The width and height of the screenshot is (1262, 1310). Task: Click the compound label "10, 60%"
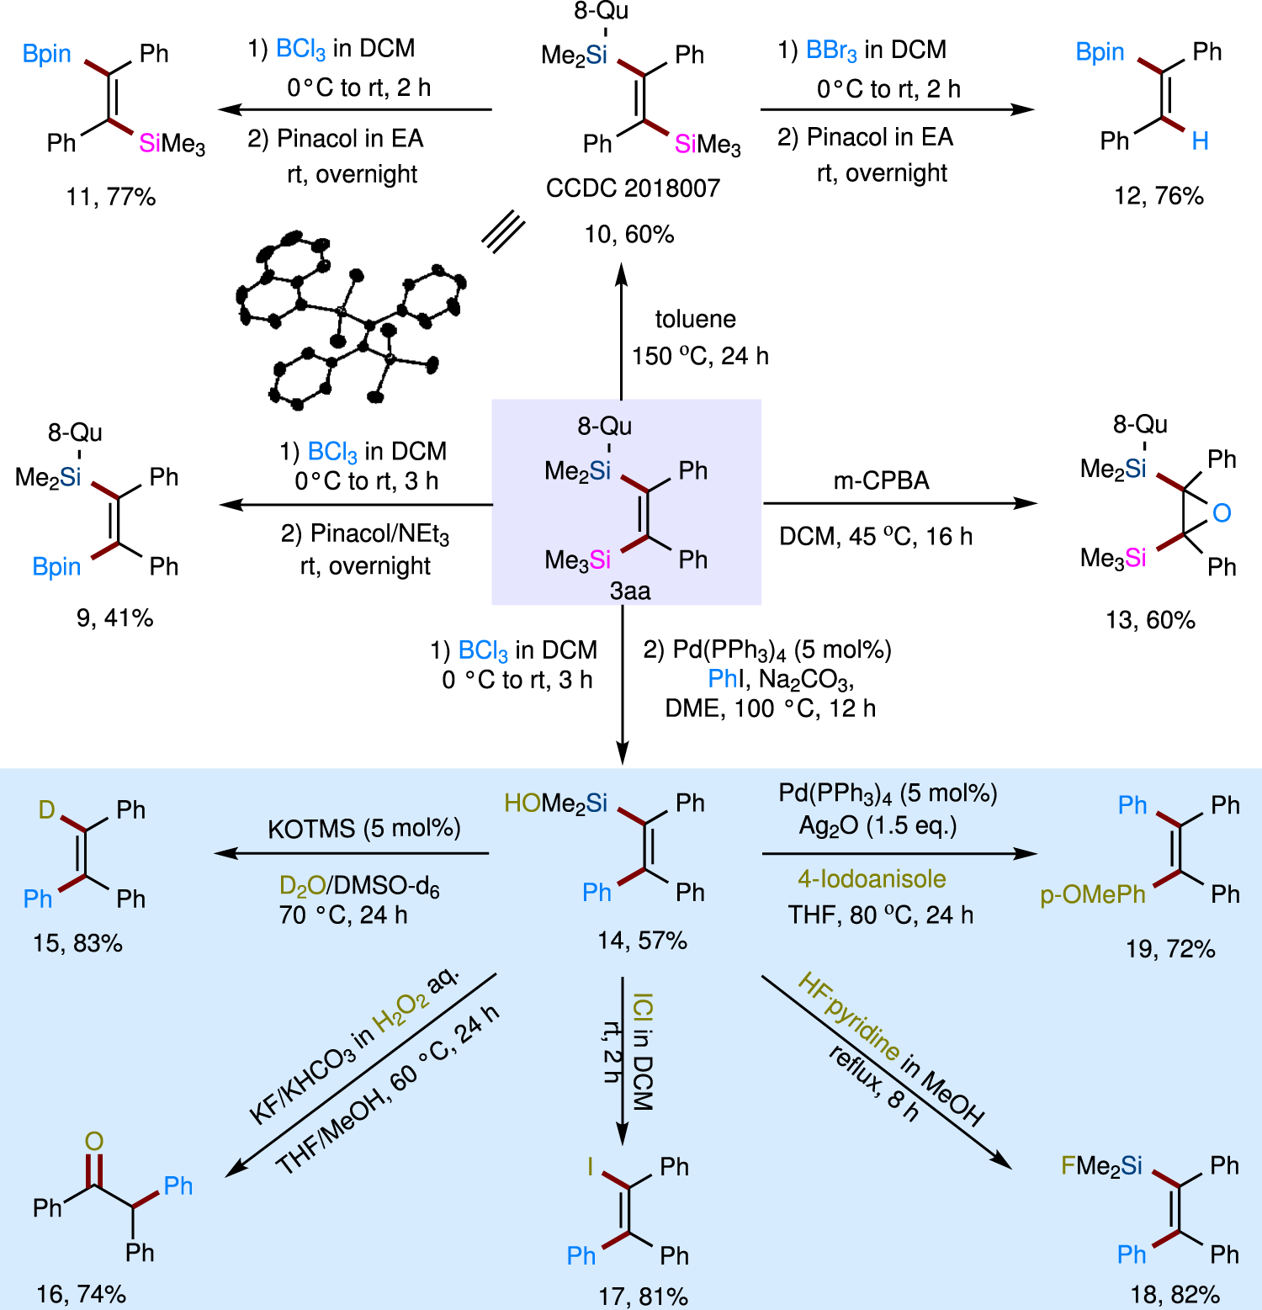pyautogui.click(x=629, y=235)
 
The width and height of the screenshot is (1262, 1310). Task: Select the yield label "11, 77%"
pyautogui.click(x=111, y=197)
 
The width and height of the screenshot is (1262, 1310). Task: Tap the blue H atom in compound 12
pyautogui.click(x=1200, y=141)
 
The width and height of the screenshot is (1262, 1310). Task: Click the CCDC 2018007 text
pyautogui.click(x=633, y=188)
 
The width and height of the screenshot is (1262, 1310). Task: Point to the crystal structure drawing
pyautogui.click(x=349, y=324)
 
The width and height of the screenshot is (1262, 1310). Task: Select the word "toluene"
pyautogui.click(x=695, y=319)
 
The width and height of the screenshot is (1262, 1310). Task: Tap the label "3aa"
pyautogui.click(x=630, y=591)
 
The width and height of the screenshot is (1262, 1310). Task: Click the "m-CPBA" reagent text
pyautogui.click(x=881, y=480)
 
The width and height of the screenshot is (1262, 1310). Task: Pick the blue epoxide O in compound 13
pyautogui.click(x=1222, y=512)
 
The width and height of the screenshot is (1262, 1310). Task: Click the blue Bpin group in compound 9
pyautogui.click(x=56, y=567)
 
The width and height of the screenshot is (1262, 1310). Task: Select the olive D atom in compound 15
pyautogui.click(x=47, y=809)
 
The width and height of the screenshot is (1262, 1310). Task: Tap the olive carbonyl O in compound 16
pyautogui.click(x=93, y=1141)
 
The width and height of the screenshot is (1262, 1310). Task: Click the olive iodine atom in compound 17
pyautogui.click(x=591, y=1166)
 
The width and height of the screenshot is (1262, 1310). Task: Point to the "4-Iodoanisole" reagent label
pyautogui.click(x=872, y=879)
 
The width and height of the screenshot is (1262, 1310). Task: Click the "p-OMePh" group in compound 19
pyautogui.click(x=1093, y=894)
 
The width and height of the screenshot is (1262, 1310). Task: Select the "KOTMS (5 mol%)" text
pyautogui.click(x=363, y=829)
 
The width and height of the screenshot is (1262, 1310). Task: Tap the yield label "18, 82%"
pyautogui.click(x=1175, y=1294)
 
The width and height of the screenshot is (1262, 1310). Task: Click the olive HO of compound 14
pyautogui.click(x=522, y=804)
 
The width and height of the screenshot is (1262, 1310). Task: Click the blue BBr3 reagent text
pyautogui.click(x=831, y=50)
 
